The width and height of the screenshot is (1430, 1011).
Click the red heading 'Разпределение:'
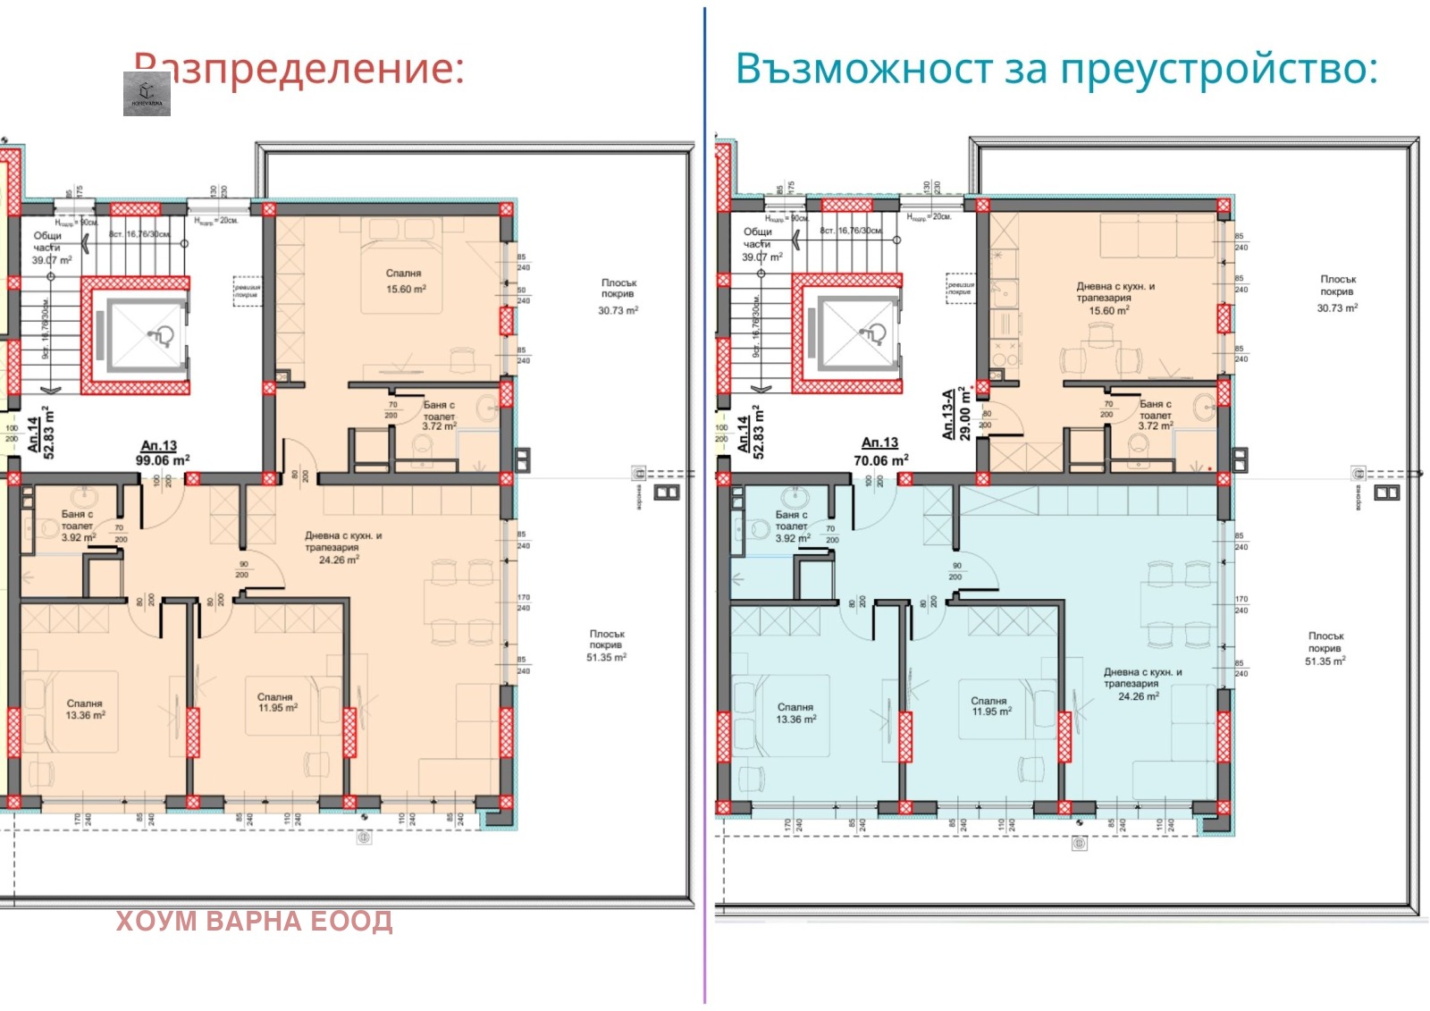click(x=299, y=69)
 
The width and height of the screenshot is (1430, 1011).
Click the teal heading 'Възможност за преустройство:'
click(x=1056, y=69)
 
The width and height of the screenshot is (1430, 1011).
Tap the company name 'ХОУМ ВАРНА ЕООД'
click(x=254, y=922)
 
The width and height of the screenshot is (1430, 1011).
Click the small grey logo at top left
click(x=147, y=94)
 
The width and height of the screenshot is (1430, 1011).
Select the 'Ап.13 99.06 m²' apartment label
click(x=162, y=453)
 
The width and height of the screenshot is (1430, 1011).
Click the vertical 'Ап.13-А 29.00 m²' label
click(x=955, y=413)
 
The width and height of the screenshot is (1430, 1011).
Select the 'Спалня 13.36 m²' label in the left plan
click(x=85, y=710)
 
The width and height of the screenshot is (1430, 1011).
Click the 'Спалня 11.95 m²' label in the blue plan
click(x=990, y=706)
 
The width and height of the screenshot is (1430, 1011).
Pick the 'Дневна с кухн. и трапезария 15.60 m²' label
click(x=1115, y=299)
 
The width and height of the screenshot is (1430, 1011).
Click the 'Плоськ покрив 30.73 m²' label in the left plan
click(x=618, y=296)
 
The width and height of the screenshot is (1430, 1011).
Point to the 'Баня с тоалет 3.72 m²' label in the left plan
click(x=439, y=416)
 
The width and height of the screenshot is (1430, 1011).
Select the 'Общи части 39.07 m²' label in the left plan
click(x=50, y=248)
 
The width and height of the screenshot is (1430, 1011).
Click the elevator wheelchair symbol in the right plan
click(x=872, y=334)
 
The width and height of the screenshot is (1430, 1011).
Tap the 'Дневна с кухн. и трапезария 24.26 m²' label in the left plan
click(x=342, y=547)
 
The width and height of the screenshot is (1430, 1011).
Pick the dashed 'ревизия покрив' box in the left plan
click(x=246, y=291)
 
